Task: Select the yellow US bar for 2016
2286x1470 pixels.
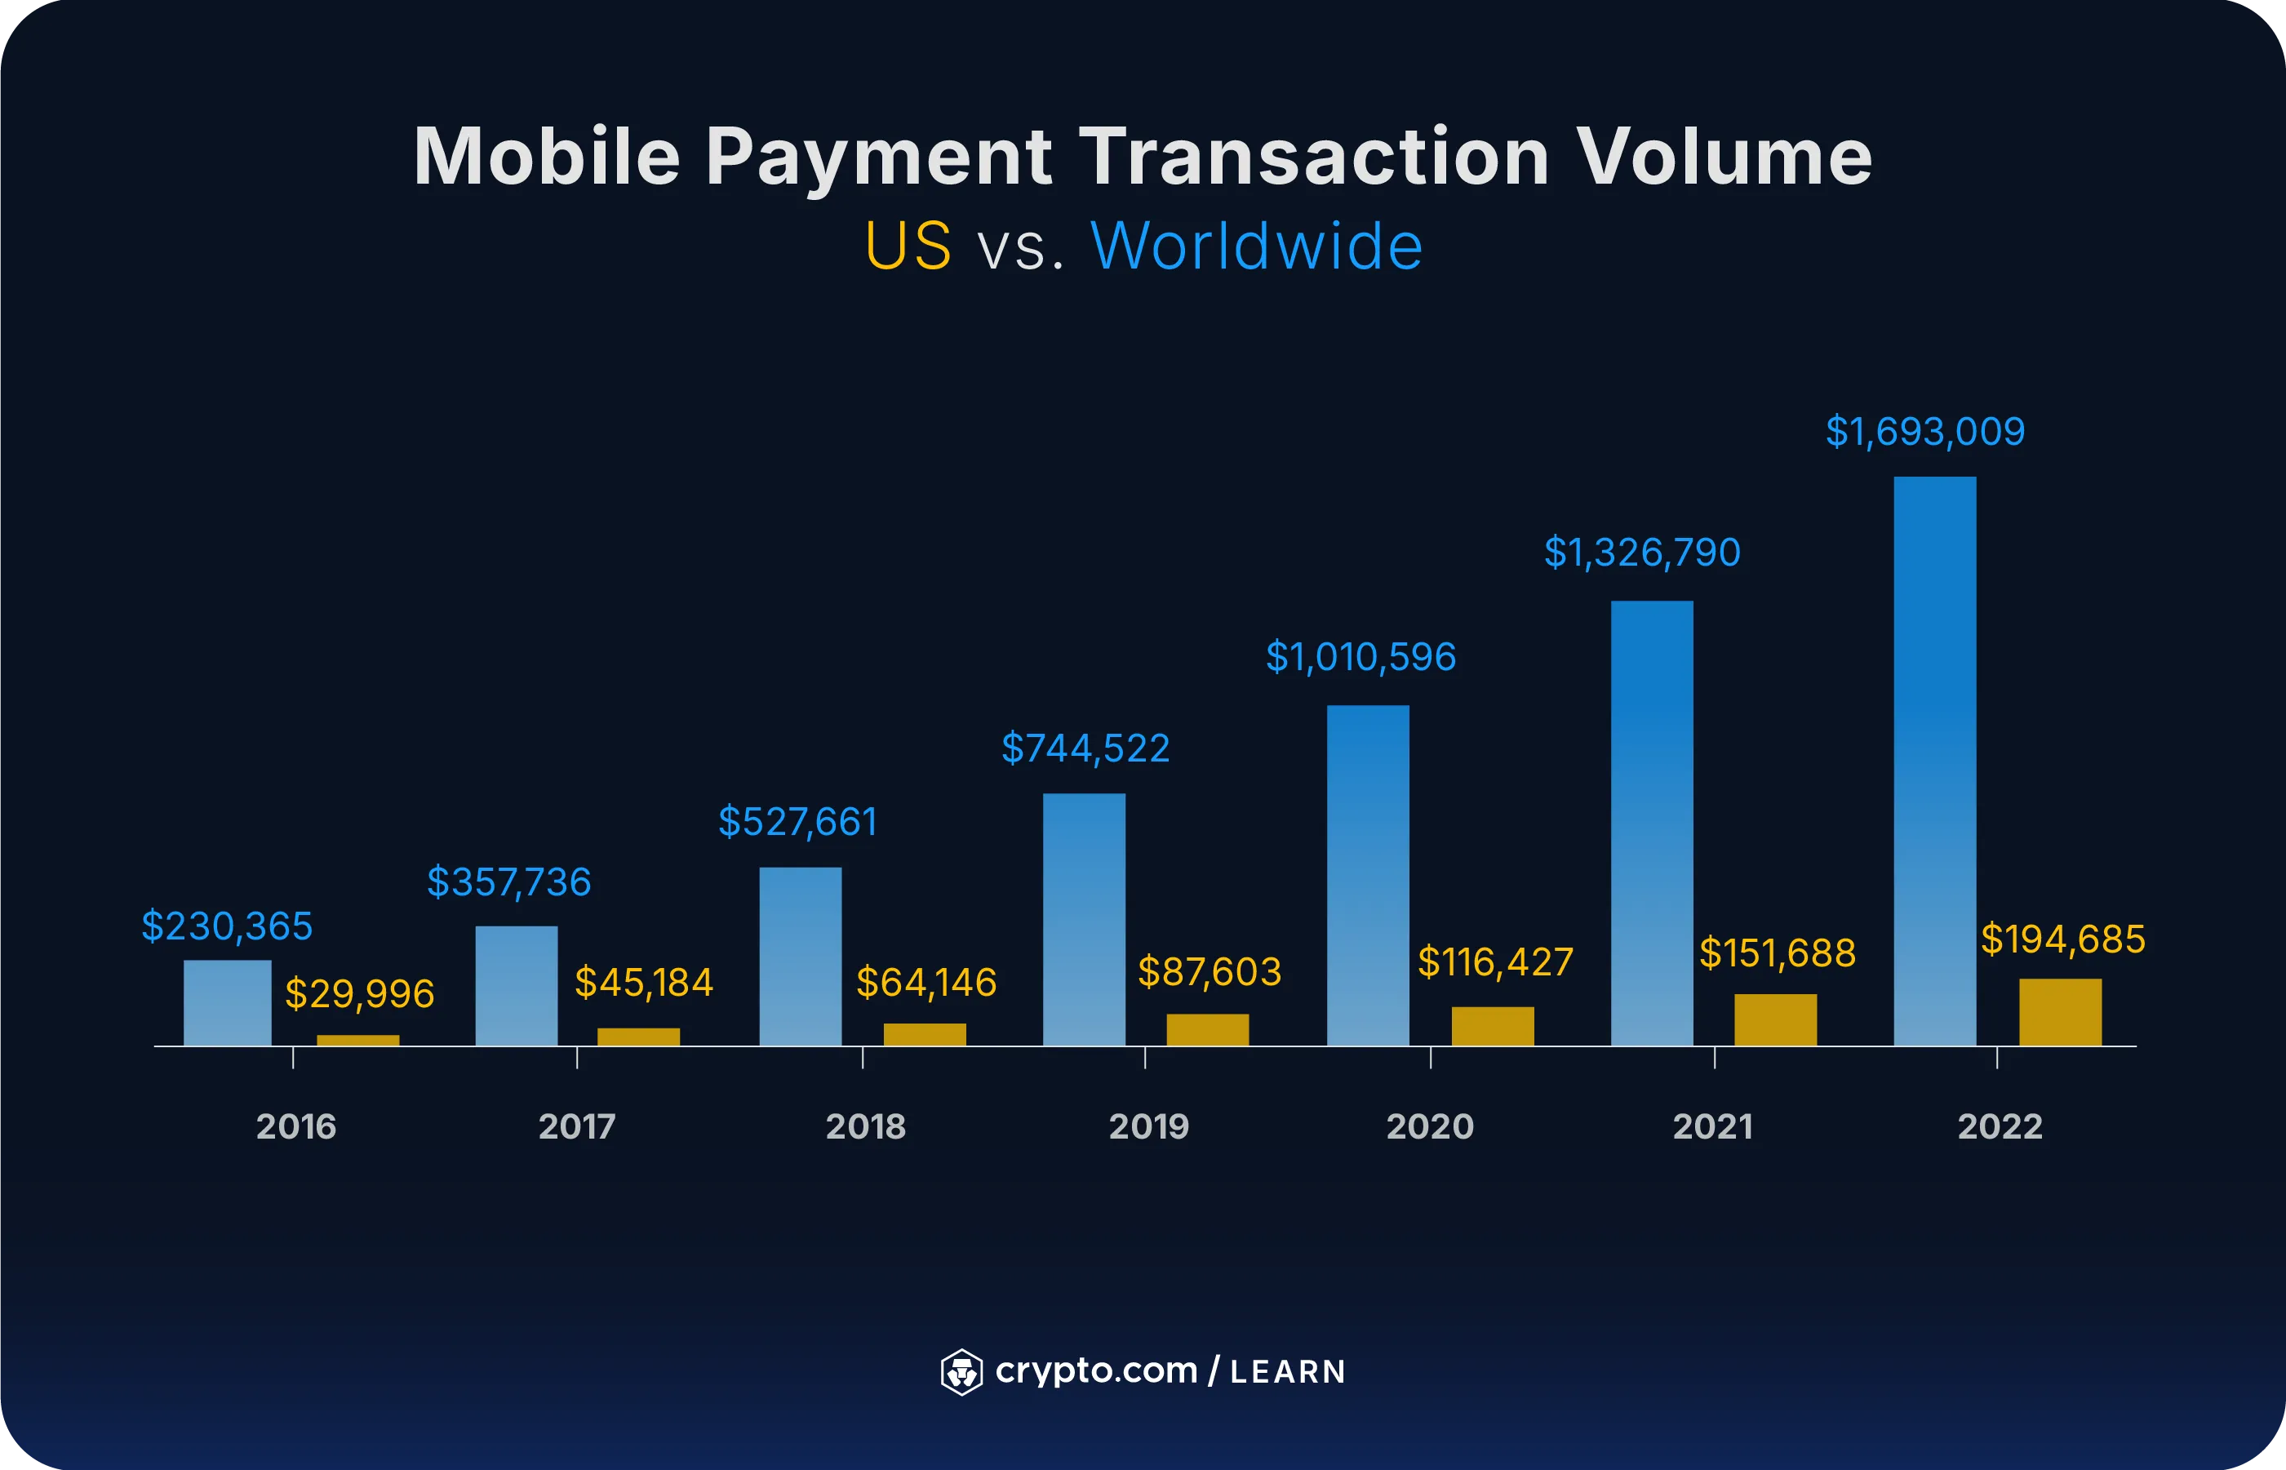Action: pyautogui.click(x=358, y=1040)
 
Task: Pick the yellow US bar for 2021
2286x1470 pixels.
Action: pyautogui.click(x=1775, y=1019)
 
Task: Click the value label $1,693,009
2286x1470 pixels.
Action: pyautogui.click(x=1924, y=432)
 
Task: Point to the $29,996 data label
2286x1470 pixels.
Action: pyautogui.click(x=360, y=993)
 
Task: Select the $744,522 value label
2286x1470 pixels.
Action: pyautogui.click(x=1085, y=748)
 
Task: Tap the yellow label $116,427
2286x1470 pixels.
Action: pyautogui.click(x=1494, y=961)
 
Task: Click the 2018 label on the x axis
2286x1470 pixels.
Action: pyautogui.click(x=865, y=1126)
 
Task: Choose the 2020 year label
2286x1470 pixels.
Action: pyautogui.click(x=1430, y=1126)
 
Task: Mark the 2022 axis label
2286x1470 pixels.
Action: pyautogui.click(x=2000, y=1126)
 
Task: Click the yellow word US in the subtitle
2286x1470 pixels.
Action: pyautogui.click(x=908, y=246)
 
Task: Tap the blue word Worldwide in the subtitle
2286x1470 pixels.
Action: pyautogui.click(x=1256, y=246)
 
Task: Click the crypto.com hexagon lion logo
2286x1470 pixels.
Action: pyautogui.click(x=961, y=1372)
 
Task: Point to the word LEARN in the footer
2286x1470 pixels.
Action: pyautogui.click(x=1288, y=1372)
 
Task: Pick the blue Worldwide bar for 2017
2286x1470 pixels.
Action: pyautogui.click(x=517, y=985)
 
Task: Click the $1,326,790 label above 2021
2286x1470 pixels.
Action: pyautogui.click(x=1642, y=553)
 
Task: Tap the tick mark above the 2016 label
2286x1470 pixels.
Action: pyautogui.click(x=293, y=1057)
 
